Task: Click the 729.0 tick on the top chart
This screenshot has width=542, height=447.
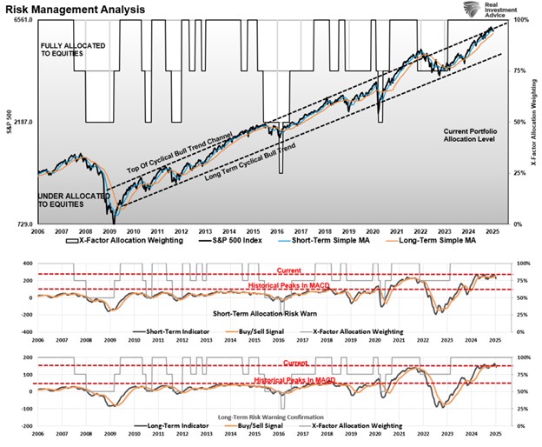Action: (x=22, y=224)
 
